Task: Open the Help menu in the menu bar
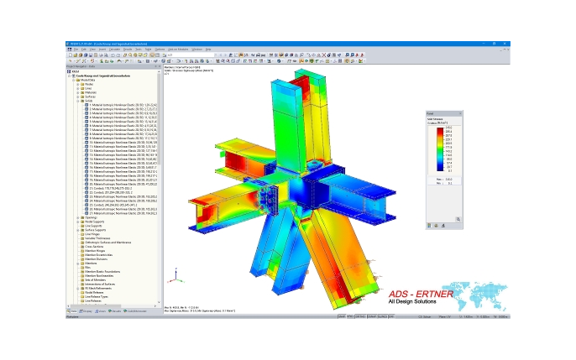tap(208, 50)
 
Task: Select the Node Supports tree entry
tap(93, 222)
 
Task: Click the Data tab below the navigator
tap(73, 311)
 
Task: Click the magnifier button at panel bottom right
tap(458, 220)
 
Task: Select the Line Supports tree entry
tap(93, 227)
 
